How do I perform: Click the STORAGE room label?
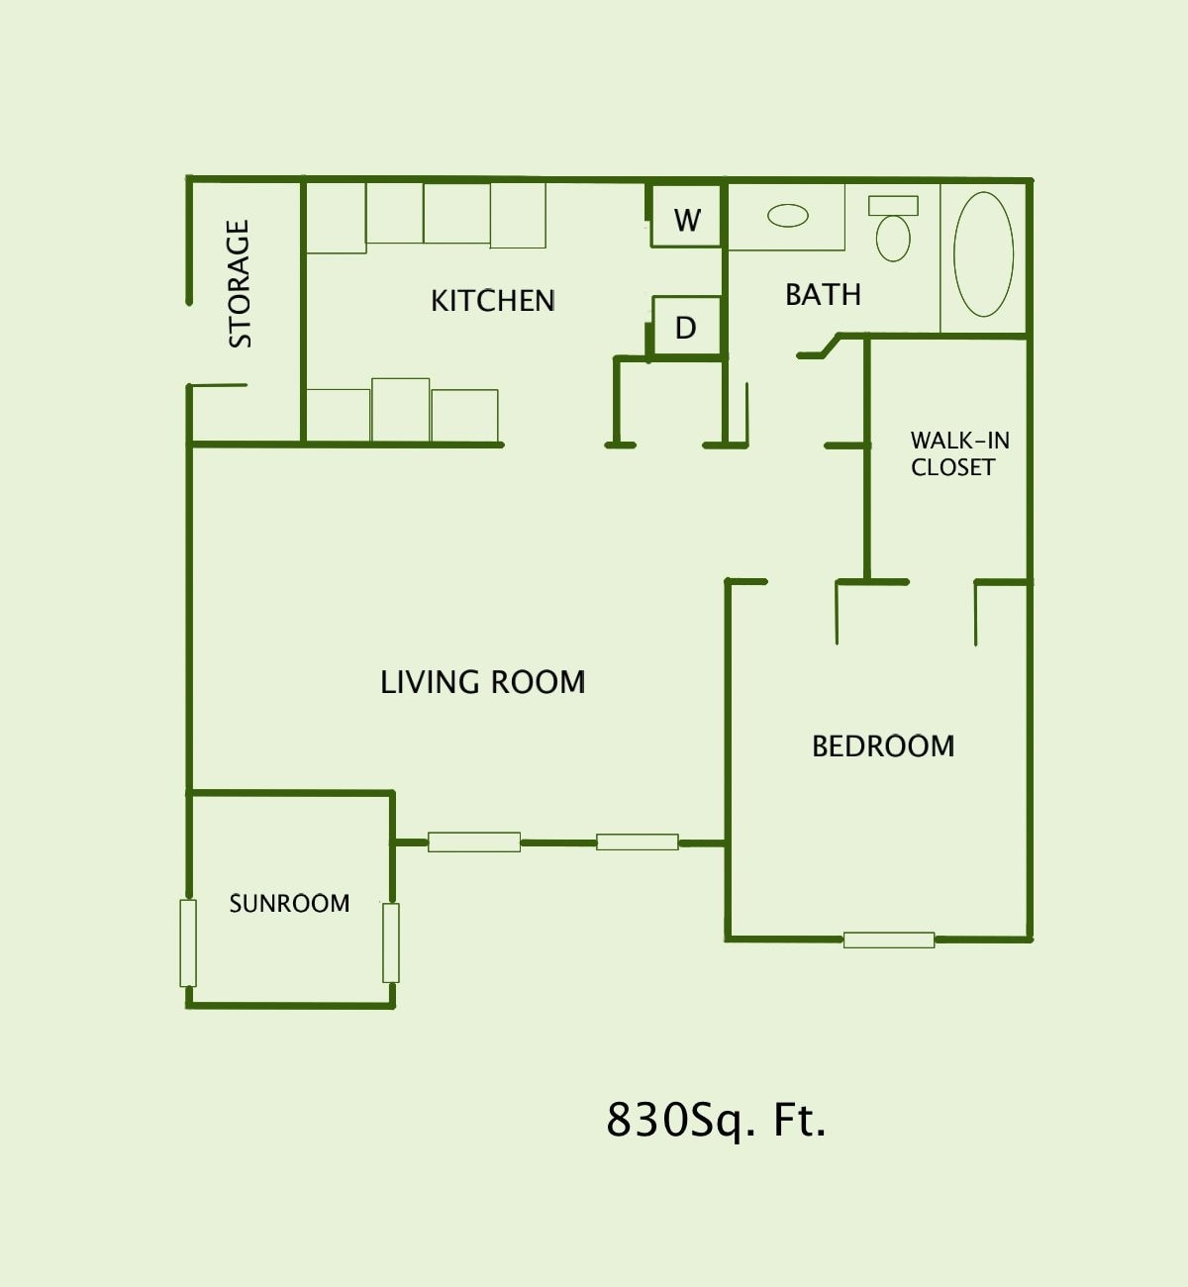pos(240,283)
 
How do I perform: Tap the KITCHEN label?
pos(492,300)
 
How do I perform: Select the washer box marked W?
pos(686,220)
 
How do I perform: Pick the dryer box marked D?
pos(686,328)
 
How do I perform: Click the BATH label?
pos(823,294)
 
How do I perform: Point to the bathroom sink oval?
pos(788,215)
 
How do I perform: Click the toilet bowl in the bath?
pos(893,239)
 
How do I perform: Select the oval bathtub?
pos(983,254)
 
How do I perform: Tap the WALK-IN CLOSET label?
pos(958,453)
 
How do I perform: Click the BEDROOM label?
pos(883,745)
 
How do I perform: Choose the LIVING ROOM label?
pos(483,682)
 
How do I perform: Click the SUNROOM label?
pos(289,903)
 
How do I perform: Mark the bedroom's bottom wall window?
pos(889,940)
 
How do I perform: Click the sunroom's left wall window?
pos(188,942)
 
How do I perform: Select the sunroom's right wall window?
pos(391,942)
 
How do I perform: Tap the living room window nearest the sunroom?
pos(474,841)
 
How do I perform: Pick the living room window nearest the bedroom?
pos(638,841)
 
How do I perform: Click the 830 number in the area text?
pos(634,1121)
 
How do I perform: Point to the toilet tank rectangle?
pos(893,205)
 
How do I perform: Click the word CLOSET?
pos(952,467)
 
